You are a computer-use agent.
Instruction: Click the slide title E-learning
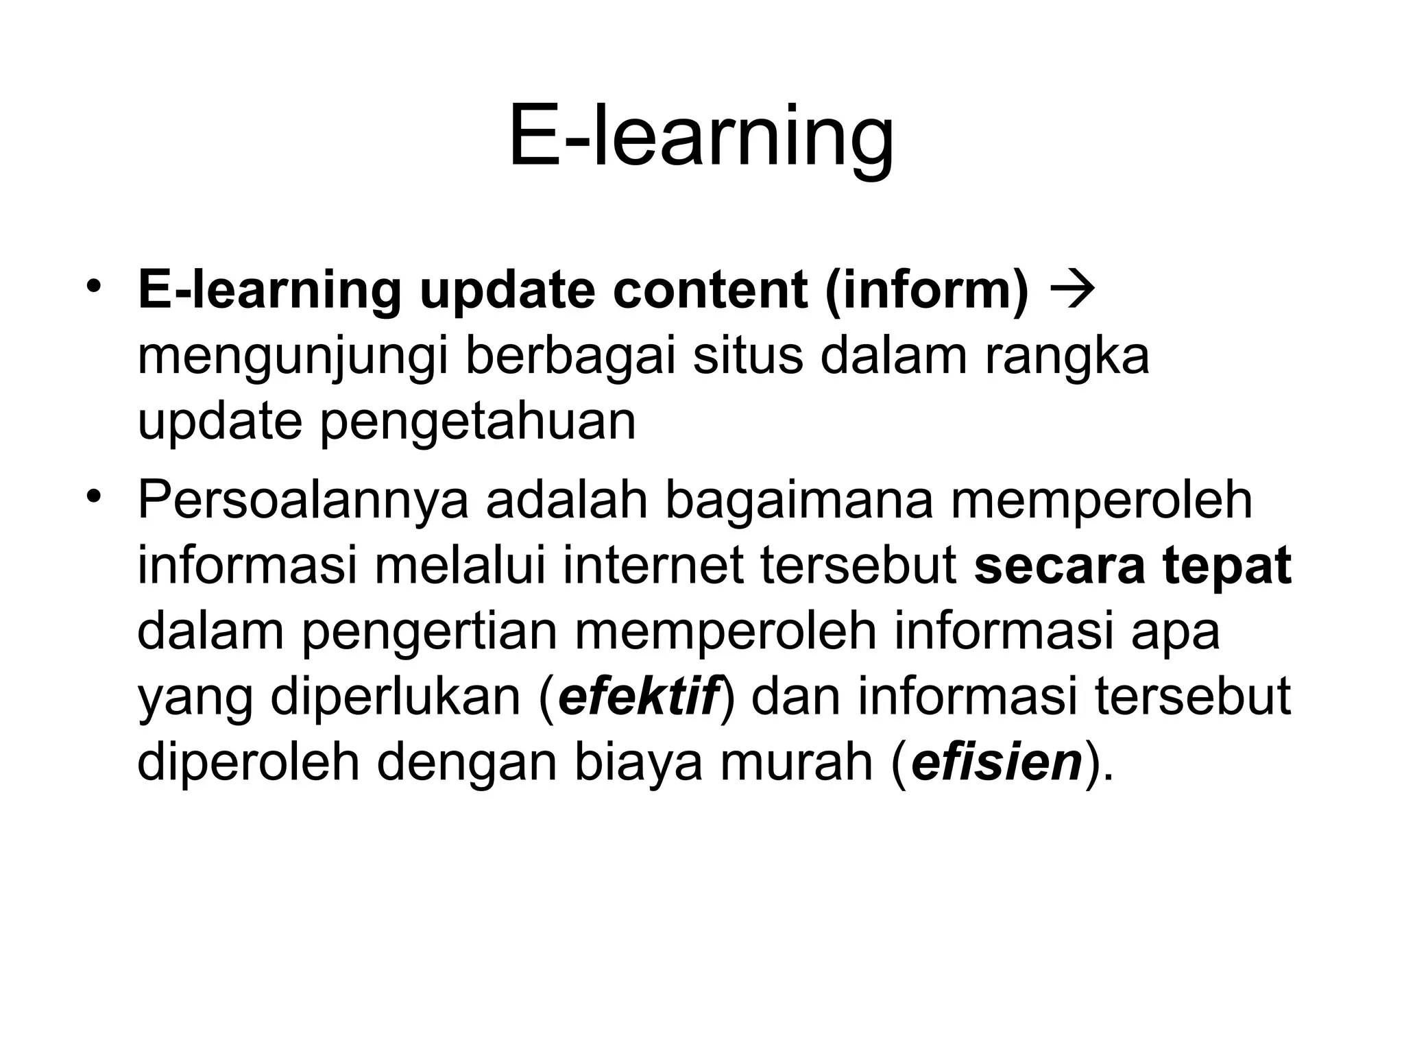[701, 137]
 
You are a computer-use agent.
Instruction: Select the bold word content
[710, 291]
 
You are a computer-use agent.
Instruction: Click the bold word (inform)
[927, 292]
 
